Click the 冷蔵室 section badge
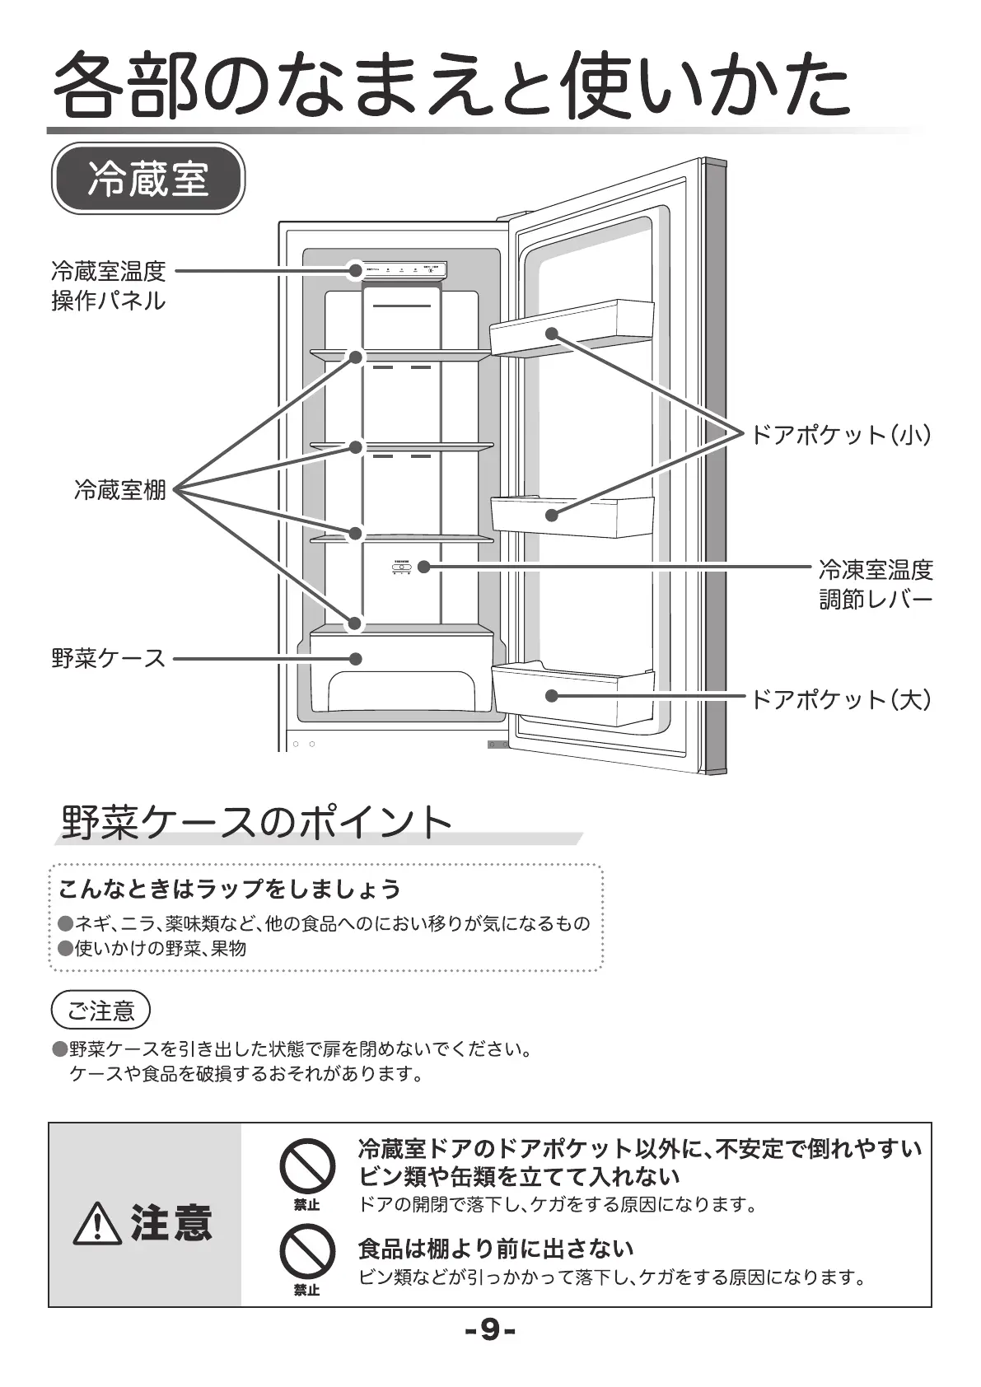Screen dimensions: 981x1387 pos(148,179)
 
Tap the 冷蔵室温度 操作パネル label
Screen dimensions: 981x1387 pos(109,285)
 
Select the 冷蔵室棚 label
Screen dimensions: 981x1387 pos(120,491)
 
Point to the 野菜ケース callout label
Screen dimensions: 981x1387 pos(109,659)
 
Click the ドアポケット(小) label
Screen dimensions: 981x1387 pos(841,434)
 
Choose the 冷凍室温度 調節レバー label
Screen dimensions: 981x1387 pos(875,584)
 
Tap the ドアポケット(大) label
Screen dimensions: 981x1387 pos(841,700)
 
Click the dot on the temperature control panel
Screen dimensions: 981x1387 pos(356,269)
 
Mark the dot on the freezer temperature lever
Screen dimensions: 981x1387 pos(424,567)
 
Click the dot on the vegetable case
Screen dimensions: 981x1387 pos(356,659)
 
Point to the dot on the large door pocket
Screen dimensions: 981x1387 pos(552,696)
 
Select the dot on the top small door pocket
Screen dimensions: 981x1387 pos(552,334)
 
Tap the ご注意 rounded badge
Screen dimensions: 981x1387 pos(100,1011)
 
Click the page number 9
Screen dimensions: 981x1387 pos(490,1330)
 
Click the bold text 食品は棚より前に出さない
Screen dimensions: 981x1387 pos(496,1249)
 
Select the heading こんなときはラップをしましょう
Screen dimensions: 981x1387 pos(229,890)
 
